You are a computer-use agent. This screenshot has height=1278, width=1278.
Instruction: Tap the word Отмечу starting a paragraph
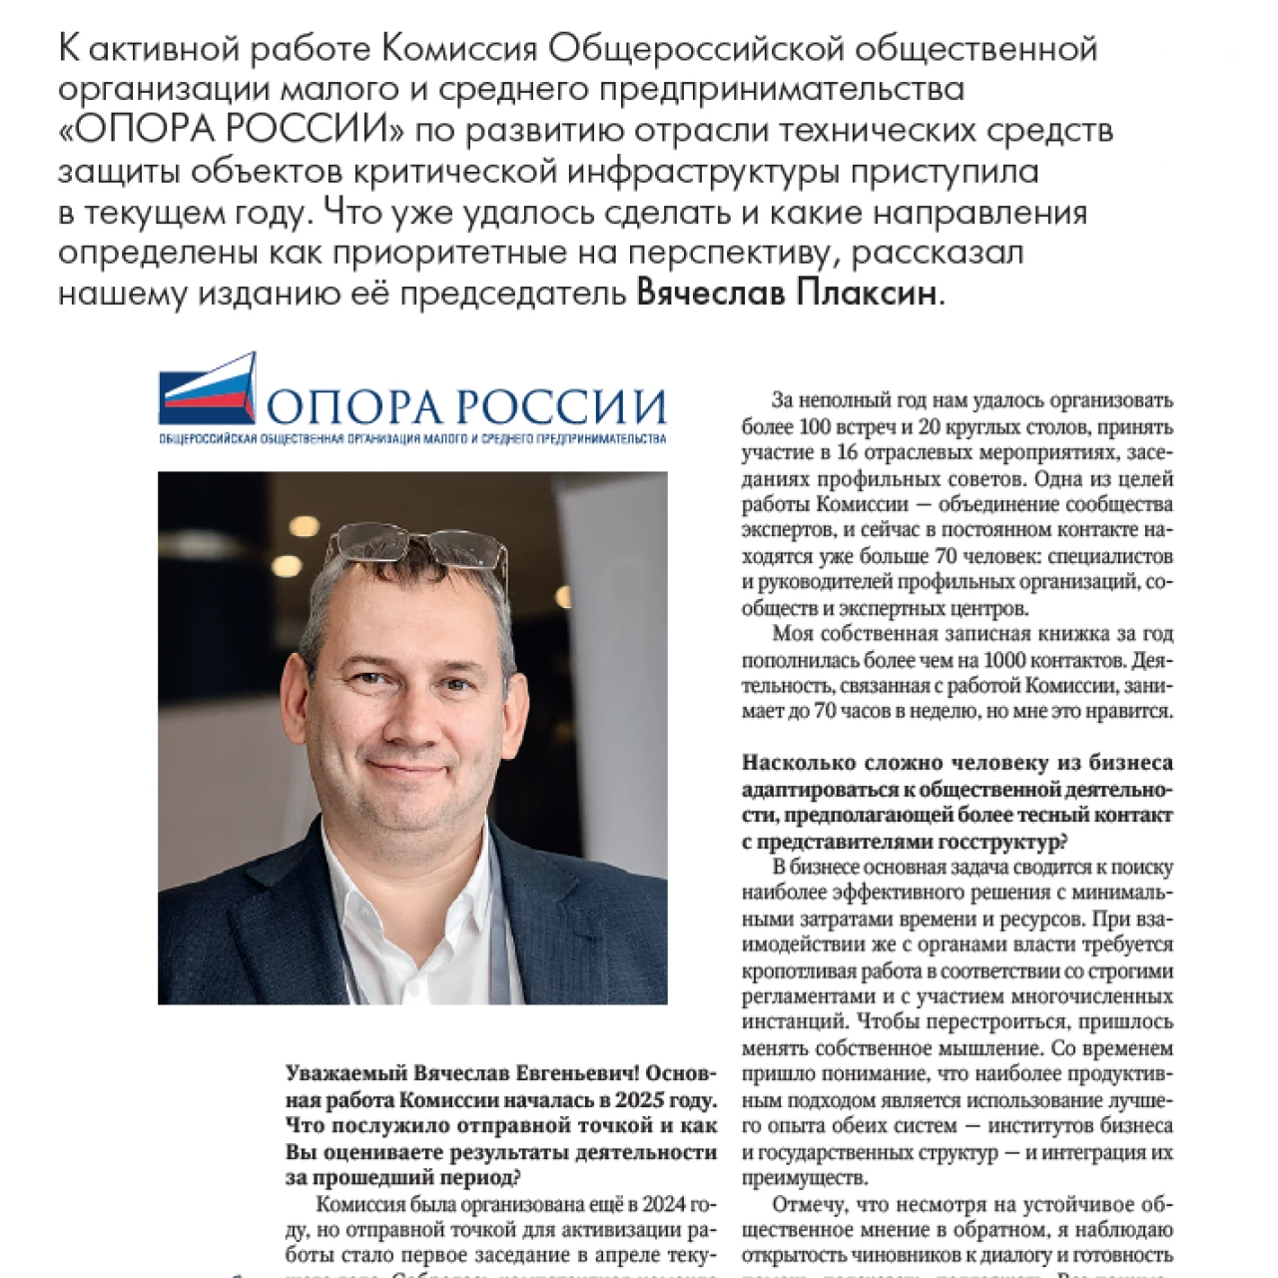tap(804, 1203)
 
